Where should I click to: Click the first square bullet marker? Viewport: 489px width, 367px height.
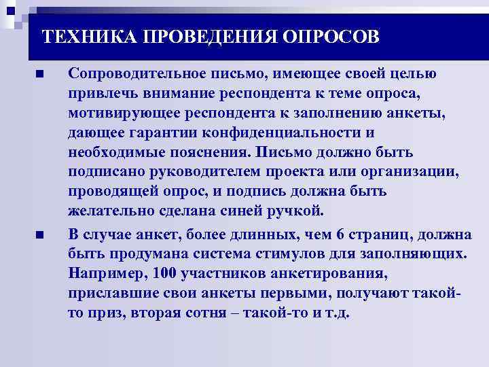pyautogui.click(x=40, y=73)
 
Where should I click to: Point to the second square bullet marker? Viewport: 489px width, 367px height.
pyautogui.click(x=40, y=234)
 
